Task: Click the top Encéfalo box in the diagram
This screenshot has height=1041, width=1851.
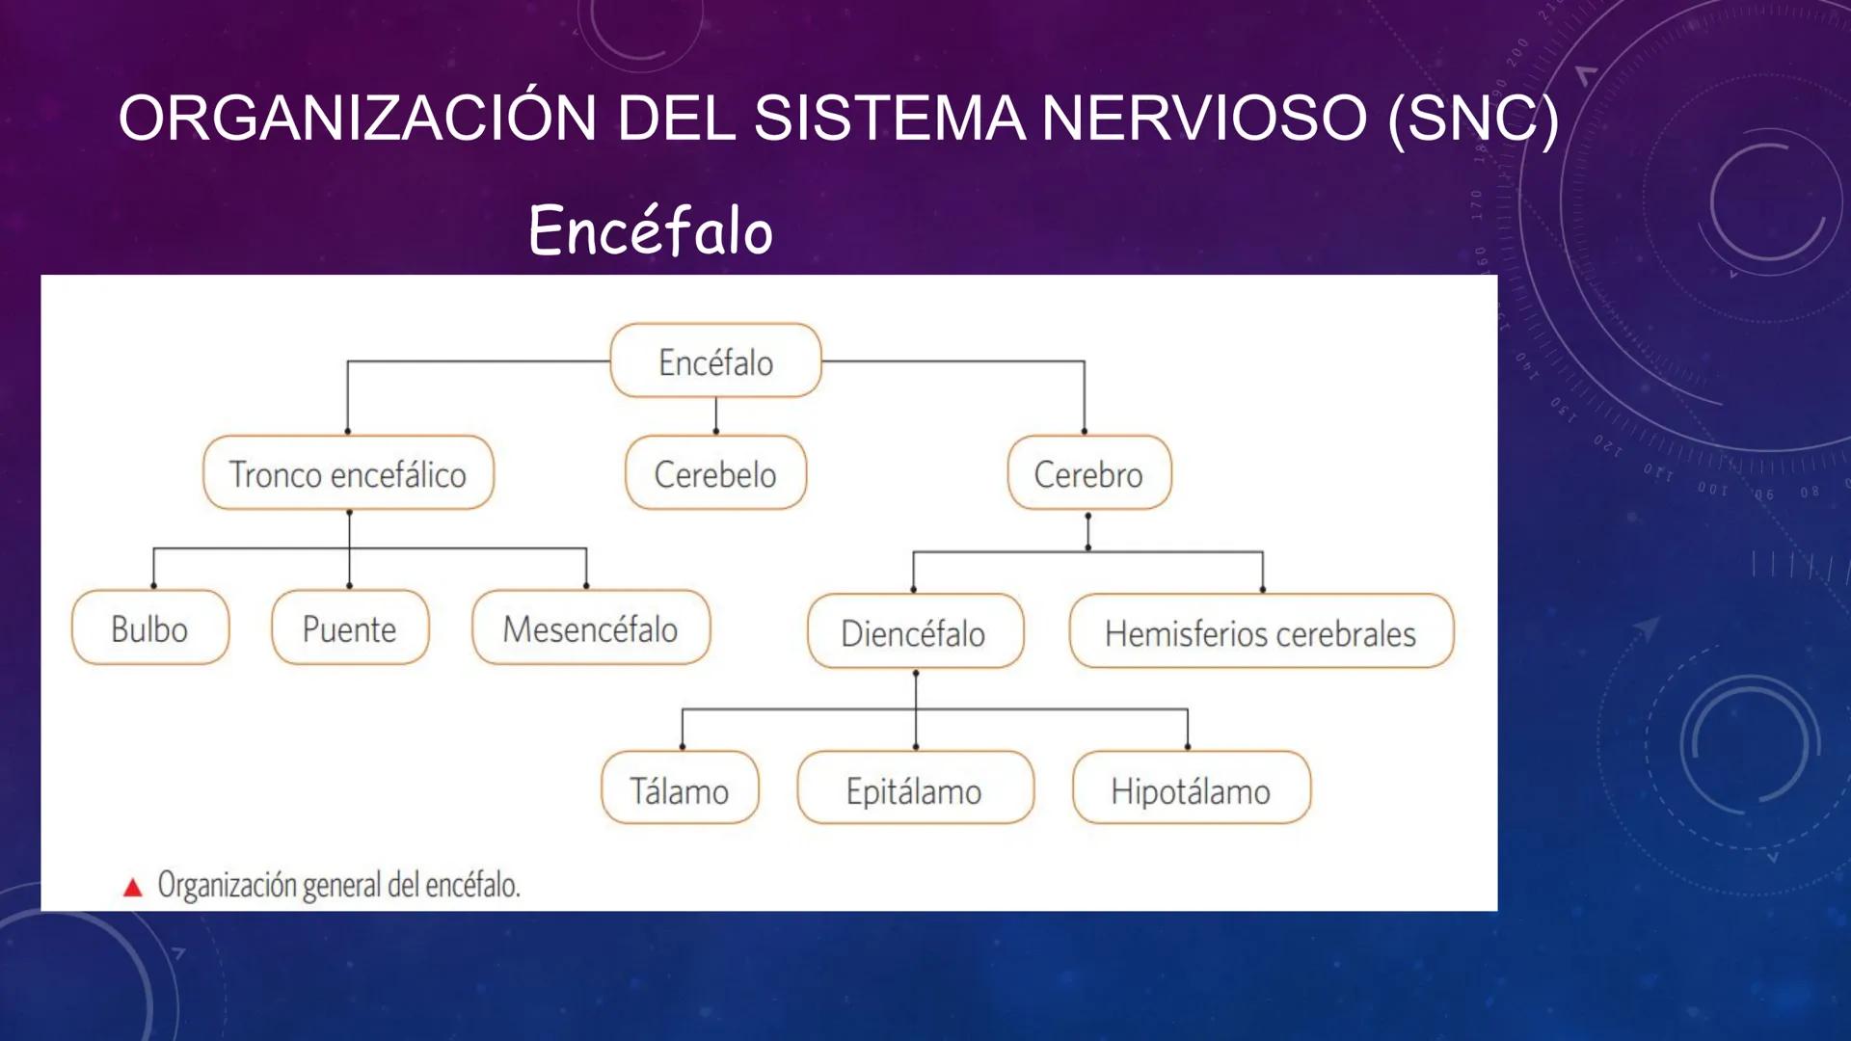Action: coord(715,361)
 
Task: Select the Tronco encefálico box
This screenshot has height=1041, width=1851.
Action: coord(348,473)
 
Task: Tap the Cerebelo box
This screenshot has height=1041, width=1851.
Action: coord(715,473)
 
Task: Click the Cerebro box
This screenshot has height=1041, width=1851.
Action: coord(1089,473)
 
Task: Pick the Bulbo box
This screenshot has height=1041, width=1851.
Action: coord(150,628)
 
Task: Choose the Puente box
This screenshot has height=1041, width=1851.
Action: coord(350,628)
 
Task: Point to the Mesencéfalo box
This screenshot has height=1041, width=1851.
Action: coord(590,628)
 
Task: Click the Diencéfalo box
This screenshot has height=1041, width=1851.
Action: coord(915,632)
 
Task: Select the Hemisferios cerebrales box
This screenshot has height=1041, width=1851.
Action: coord(1261,632)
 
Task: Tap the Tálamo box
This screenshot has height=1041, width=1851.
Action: coord(680,789)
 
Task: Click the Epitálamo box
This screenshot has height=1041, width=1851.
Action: coord(915,789)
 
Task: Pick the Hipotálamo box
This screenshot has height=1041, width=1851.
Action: coord(1192,789)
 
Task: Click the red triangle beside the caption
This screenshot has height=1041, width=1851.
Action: coord(133,888)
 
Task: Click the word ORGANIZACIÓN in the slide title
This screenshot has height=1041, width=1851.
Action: coord(358,119)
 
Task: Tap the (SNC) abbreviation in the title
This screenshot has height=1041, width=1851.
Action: coord(1472,119)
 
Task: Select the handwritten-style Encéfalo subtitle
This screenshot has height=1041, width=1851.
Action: coord(651,231)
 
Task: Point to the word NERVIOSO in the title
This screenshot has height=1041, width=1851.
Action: coord(1204,119)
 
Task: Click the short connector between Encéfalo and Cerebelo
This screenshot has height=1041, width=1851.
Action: coord(716,415)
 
